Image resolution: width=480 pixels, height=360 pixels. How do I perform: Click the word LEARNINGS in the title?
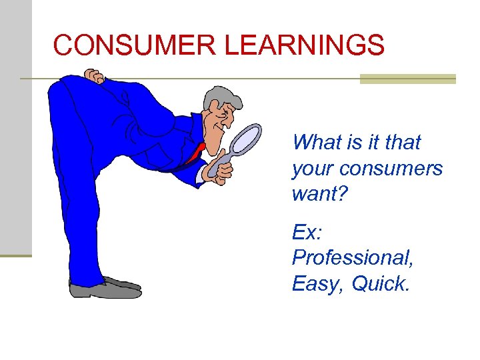pyautogui.click(x=305, y=45)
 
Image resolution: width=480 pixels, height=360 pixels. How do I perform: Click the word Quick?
pyautogui.click(x=379, y=284)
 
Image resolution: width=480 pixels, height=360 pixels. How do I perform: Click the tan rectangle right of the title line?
pyautogui.click(x=407, y=79)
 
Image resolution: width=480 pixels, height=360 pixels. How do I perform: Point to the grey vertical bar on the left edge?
pyautogui.click(x=15, y=127)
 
